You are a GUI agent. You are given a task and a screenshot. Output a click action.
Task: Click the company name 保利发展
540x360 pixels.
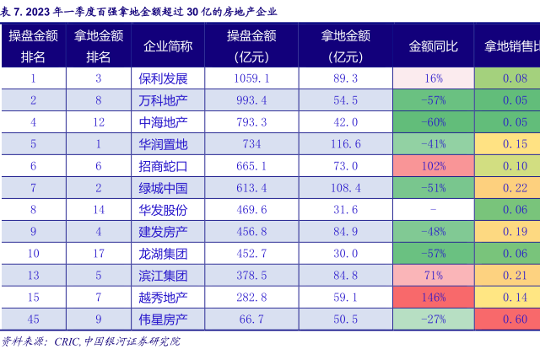pyautogui.click(x=163, y=78)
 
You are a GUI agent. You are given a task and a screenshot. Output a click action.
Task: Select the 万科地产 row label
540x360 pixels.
pyautogui.click(x=163, y=100)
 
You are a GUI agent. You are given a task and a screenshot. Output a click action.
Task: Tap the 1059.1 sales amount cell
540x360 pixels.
pyautogui.click(x=251, y=78)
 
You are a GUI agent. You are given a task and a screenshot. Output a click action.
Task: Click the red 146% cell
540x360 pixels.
pyautogui.click(x=434, y=298)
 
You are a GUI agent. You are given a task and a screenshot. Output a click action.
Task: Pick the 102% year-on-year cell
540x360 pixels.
pyautogui.click(x=434, y=166)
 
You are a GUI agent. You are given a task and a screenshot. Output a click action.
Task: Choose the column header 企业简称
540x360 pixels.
pyautogui.click(x=168, y=46)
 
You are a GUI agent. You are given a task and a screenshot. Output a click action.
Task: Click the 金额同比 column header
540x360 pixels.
pyautogui.click(x=434, y=46)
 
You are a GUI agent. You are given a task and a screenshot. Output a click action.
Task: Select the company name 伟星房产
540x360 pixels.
pyautogui.click(x=163, y=320)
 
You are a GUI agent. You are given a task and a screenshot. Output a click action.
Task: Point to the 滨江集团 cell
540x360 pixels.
pyautogui.click(x=163, y=276)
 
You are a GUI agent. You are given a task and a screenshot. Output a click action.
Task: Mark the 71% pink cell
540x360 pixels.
pyautogui.click(x=434, y=276)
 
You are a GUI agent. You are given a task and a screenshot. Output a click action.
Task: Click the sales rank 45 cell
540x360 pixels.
pyautogui.click(x=34, y=320)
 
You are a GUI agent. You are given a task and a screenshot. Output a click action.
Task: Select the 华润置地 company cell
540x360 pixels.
pyautogui.click(x=163, y=144)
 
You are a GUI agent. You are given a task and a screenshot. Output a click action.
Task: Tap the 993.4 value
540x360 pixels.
pyautogui.click(x=251, y=100)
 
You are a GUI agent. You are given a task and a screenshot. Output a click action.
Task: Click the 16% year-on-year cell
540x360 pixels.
pyautogui.click(x=434, y=78)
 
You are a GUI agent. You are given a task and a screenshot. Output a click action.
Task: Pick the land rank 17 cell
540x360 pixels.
pyautogui.click(x=99, y=254)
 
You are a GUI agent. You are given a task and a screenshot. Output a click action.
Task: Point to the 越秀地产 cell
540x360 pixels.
pyautogui.click(x=163, y=298)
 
